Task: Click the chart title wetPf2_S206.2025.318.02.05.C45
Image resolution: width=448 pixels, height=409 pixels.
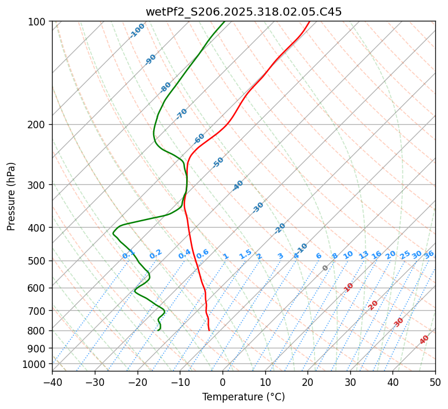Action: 243,12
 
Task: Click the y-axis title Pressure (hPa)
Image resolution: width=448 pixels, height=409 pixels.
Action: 12,196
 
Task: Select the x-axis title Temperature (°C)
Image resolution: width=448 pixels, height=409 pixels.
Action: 243,397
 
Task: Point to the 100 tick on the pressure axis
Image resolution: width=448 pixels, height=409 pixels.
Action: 38,22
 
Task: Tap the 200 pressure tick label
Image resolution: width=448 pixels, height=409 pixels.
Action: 38,124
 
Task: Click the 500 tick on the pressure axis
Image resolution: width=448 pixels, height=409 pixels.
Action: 38,261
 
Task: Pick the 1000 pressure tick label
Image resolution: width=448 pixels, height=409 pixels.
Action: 35,364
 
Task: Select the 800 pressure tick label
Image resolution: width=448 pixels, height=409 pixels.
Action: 38,331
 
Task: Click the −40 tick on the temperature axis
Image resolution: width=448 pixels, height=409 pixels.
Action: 52,382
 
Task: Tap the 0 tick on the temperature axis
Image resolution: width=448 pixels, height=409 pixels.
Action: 223,382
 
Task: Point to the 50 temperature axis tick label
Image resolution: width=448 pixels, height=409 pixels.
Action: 435,382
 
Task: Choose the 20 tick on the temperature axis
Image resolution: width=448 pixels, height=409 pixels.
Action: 308,382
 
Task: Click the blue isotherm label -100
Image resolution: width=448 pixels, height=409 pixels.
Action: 137,31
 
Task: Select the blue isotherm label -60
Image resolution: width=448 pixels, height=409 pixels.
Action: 199,139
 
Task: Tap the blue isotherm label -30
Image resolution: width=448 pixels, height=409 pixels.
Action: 258,207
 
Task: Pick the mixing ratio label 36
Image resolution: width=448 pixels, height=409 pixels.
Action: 429,254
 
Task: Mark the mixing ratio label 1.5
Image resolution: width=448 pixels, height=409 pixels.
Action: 245,254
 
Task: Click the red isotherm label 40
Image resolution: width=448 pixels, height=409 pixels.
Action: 424,340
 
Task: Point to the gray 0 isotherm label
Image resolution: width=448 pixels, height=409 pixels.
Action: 325,268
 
